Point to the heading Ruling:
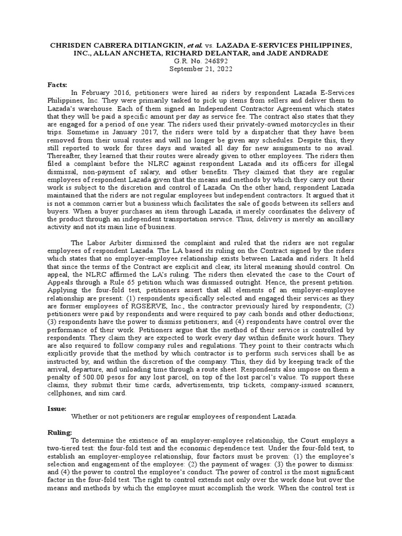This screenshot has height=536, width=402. (x=59, y=432)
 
